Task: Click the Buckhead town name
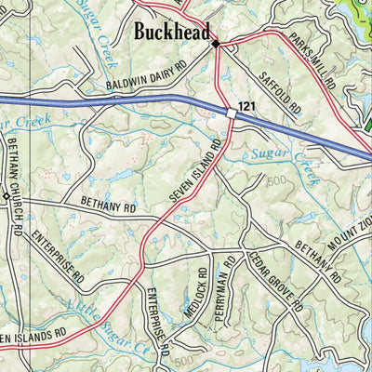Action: (x=173, y=32)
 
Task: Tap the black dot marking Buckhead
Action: (x=216, y=44)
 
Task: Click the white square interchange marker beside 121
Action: (x=230, y=113)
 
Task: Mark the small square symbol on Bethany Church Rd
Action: (x=5, y=197)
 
